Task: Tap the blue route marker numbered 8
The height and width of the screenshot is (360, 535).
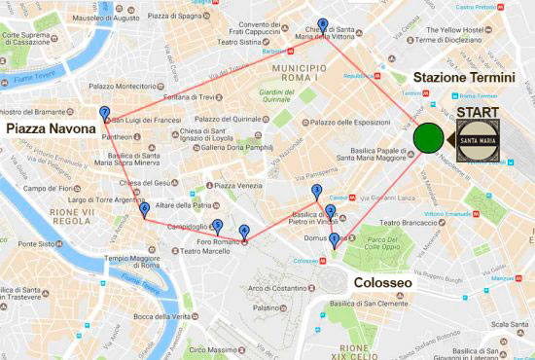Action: tap(322, 25)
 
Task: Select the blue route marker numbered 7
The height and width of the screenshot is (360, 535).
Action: tap(104, 114)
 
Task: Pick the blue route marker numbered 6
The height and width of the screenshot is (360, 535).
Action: tap(144, 208)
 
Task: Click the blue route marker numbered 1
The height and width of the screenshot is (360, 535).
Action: tap(335, 239)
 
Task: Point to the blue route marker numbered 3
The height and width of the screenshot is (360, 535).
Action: tap(316, 191)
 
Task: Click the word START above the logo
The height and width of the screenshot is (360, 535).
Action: tap(477, 113)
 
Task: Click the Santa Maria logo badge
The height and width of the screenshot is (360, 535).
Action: tap(477, 143)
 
